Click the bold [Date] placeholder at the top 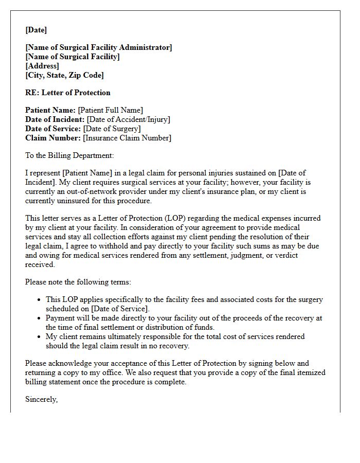click(36, 30)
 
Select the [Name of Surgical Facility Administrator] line click(99, 47)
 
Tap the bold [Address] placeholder click(42, 66)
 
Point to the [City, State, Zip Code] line click(64, 75)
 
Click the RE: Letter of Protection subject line click(68, 93)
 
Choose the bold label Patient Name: click(50, 110)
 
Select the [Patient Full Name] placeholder click(111, 110)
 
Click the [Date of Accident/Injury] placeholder click(128, 119)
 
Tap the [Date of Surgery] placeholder click(112, 129)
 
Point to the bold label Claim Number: click(53, 138)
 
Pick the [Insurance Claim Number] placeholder click(127, 138)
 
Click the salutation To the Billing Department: click(69, 155)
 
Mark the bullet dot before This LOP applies click(40, 299)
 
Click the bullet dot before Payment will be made click(40, 318)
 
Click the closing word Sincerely click(41, 399)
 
